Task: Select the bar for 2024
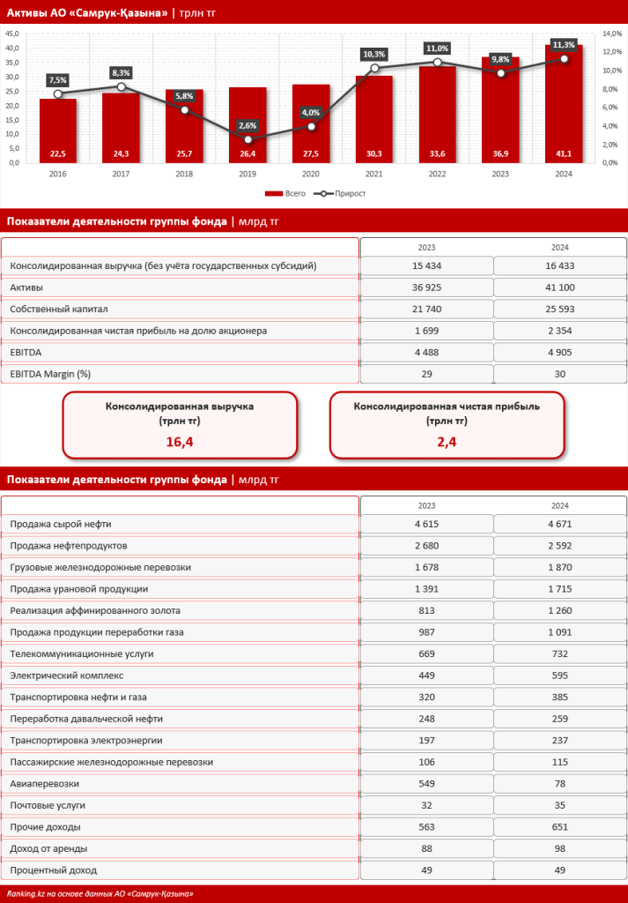tap(564, 106)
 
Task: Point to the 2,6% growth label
tap(248, 125)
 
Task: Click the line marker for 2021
tap(375, 68)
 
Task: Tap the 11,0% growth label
tap(437, 48)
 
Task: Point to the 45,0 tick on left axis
tap(13, 34)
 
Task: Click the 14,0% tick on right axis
tap(611, 34)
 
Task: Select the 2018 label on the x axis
tap(184, 175)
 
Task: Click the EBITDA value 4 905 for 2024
tap(560, 352)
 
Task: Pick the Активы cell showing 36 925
tap(426, 287)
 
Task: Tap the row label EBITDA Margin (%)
tap(50, 374)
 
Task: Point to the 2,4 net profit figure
tap(447, 441)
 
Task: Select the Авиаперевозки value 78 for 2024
tap(560, 784)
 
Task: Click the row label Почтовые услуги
tap(48, 805)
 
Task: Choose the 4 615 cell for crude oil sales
tap(426, 525)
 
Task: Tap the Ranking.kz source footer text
tap(99, 894)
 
